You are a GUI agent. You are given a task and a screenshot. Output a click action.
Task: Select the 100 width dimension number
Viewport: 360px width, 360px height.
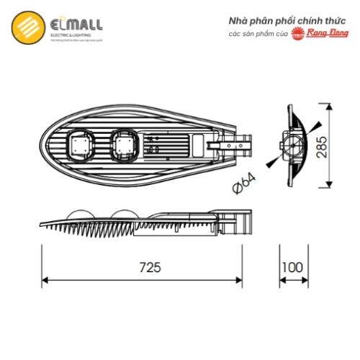pos(292,266)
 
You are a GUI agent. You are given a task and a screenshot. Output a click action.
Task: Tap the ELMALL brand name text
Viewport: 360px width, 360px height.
pos(76,24)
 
